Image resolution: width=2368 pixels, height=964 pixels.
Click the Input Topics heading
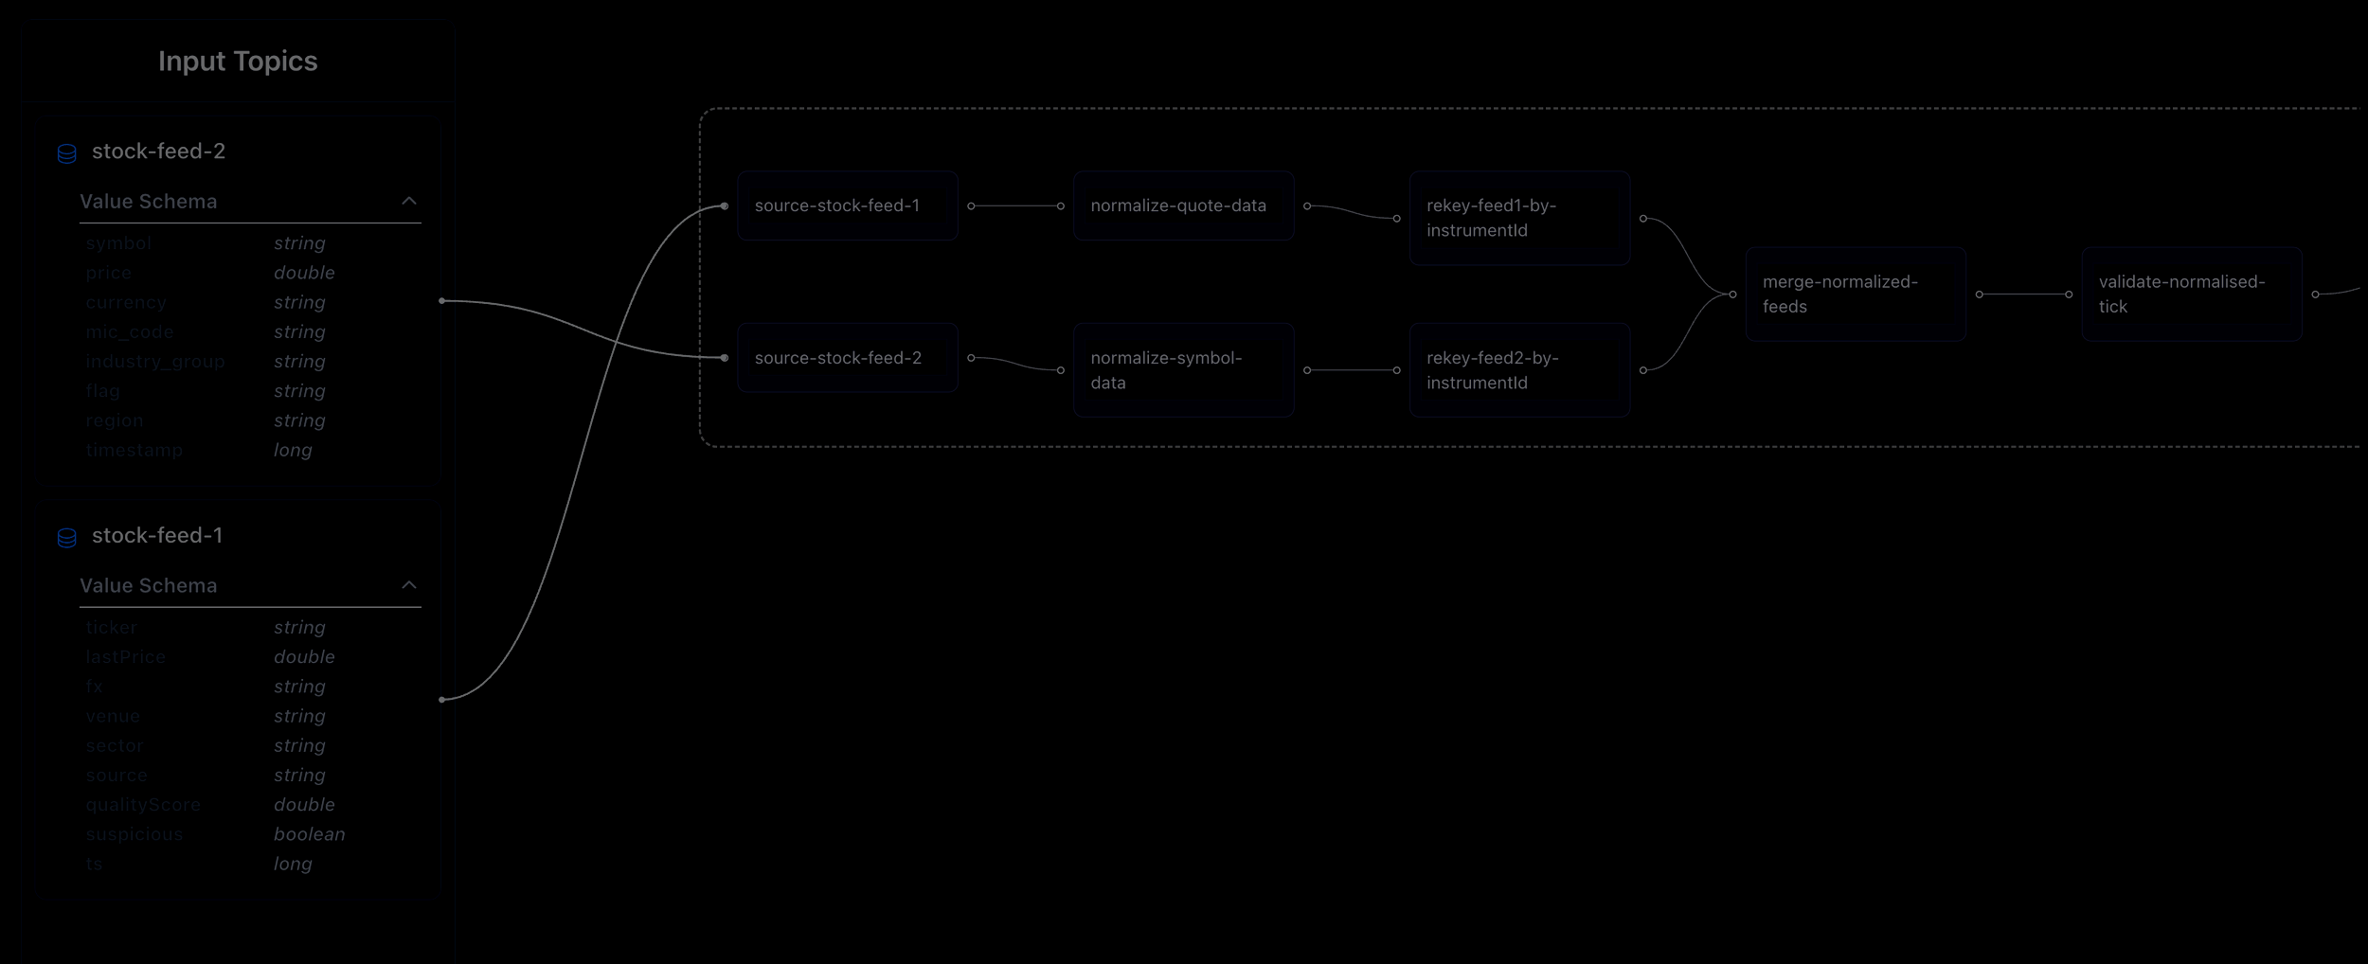(238, 62)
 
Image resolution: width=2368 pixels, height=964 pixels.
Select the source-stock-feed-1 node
(847, 205)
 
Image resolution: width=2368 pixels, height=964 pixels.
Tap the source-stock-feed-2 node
(847, 358)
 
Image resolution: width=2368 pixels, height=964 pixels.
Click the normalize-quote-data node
(1183, 205)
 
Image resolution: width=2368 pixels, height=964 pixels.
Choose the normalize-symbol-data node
(1183, 370)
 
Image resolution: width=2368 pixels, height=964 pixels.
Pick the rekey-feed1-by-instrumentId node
(1519, 218)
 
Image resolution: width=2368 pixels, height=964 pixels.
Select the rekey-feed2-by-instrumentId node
(1519, 370)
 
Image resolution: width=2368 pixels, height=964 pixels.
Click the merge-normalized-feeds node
(1855, 294)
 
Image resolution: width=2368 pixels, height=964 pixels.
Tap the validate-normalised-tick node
(2191, 294)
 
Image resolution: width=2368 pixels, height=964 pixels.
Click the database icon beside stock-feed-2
(66, 153)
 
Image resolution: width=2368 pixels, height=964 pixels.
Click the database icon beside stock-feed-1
(66, 538)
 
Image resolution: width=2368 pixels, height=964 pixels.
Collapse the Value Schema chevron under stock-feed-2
(409, 201)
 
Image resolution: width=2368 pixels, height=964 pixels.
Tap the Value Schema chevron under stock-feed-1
(409, 585)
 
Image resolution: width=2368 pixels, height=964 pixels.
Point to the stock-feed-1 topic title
(157, 535)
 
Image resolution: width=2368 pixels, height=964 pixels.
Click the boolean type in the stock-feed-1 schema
(309, 834)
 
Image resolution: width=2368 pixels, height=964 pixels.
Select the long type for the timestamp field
(293, 450)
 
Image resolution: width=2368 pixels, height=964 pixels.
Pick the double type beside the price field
(304, 273)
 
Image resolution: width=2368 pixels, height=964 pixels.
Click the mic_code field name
(130, 332)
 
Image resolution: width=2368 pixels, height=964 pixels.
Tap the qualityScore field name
(143, 805)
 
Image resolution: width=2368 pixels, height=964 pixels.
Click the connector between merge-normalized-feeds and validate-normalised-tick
(2023, 295)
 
